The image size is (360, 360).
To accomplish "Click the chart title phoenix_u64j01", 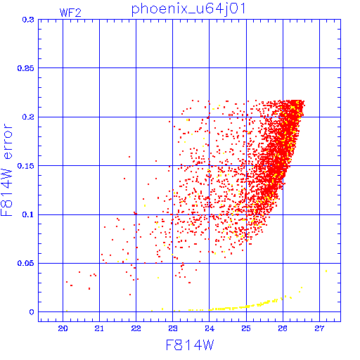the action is (188, 9).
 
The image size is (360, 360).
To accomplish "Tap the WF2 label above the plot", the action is (70, 13).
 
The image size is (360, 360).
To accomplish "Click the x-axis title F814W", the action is (190, 345).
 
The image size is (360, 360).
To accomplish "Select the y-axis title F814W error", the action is (6, 169).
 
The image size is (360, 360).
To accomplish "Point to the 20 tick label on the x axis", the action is (63, 328).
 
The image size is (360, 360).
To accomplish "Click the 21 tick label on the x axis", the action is (99, 328).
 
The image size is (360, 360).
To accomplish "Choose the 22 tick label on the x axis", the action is (136, 328).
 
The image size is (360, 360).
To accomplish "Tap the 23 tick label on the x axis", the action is (173, 328).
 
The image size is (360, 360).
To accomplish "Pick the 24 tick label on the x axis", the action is (210, 328).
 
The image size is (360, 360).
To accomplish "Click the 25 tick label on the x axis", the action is (246, 328).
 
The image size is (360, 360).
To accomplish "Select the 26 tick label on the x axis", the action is (283, 328).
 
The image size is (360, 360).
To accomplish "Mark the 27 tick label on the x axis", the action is (319, 328).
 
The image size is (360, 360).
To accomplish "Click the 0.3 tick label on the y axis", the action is (28, 20).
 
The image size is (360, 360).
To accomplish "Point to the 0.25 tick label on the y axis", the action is (26, 68).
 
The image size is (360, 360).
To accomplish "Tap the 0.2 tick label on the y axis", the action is (28, 117).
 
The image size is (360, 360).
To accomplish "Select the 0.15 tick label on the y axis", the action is (26, 166).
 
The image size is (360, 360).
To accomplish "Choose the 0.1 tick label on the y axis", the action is (28, 214).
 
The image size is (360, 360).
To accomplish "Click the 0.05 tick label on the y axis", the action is (26, 263).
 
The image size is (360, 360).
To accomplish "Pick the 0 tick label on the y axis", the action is (32, 312).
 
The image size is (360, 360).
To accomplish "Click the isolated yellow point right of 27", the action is (326, 271).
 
